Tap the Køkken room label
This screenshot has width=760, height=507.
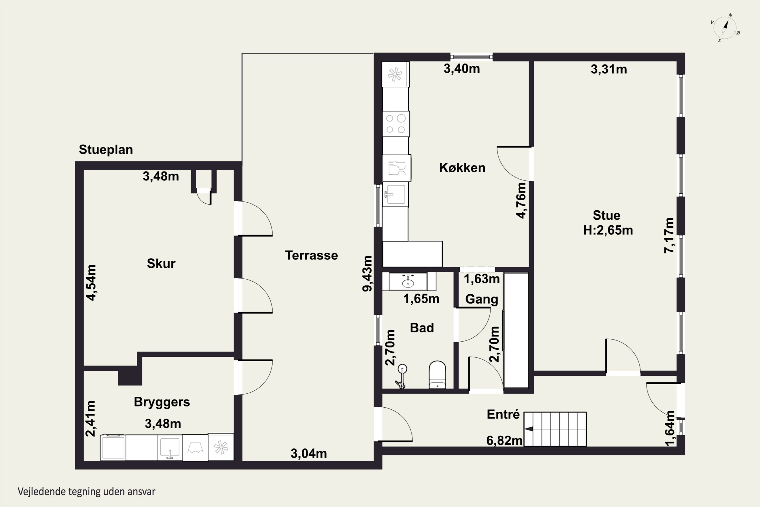click(x=462, y=168)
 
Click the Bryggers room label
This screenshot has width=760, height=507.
click(x=162, y=402)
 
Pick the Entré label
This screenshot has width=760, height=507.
click(x=503, y=414)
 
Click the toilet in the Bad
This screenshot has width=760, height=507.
click(x=437, y=374)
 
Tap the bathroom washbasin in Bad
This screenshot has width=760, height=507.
click(x=408, y=281)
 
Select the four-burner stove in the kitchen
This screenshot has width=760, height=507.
click(x=396, y=124)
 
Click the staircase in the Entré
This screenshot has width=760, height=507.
click(x=555, y=429)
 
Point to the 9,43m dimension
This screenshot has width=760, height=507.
click(x=367, y=274)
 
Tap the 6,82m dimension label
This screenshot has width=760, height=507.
click(x=504, y=440)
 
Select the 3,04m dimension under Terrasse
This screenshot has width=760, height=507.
click(x=309, y=454)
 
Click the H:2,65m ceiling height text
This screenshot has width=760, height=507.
click(x=608, y=230)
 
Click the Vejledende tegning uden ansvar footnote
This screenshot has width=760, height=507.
click(x=86, y=492)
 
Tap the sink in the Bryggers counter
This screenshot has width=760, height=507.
click(x=170, y=447)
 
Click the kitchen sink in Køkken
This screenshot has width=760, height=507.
click(x=395, y=195)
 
